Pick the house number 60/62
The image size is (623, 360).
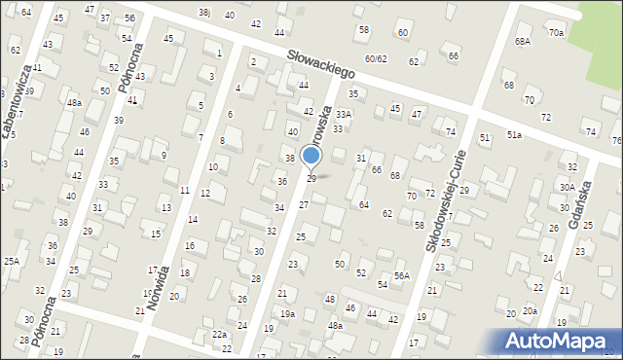click(x=376, y=58)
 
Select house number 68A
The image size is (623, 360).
click(x=523, y=42)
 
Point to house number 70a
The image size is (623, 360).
click(x=555, y=33)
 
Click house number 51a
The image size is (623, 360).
click(x=513, y=134)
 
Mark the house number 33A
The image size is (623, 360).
click(x=343, y=114)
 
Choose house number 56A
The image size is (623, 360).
click(x=402, y=276)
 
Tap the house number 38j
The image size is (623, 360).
click(x=203, y=12)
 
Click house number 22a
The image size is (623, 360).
click(x=220, y=335)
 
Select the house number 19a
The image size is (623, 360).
click(x=287, y=313)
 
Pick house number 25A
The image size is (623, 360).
click(x=11, y=261)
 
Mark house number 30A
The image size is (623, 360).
click(x=568, y=186)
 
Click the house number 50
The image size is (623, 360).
click(x=340, y=264)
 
